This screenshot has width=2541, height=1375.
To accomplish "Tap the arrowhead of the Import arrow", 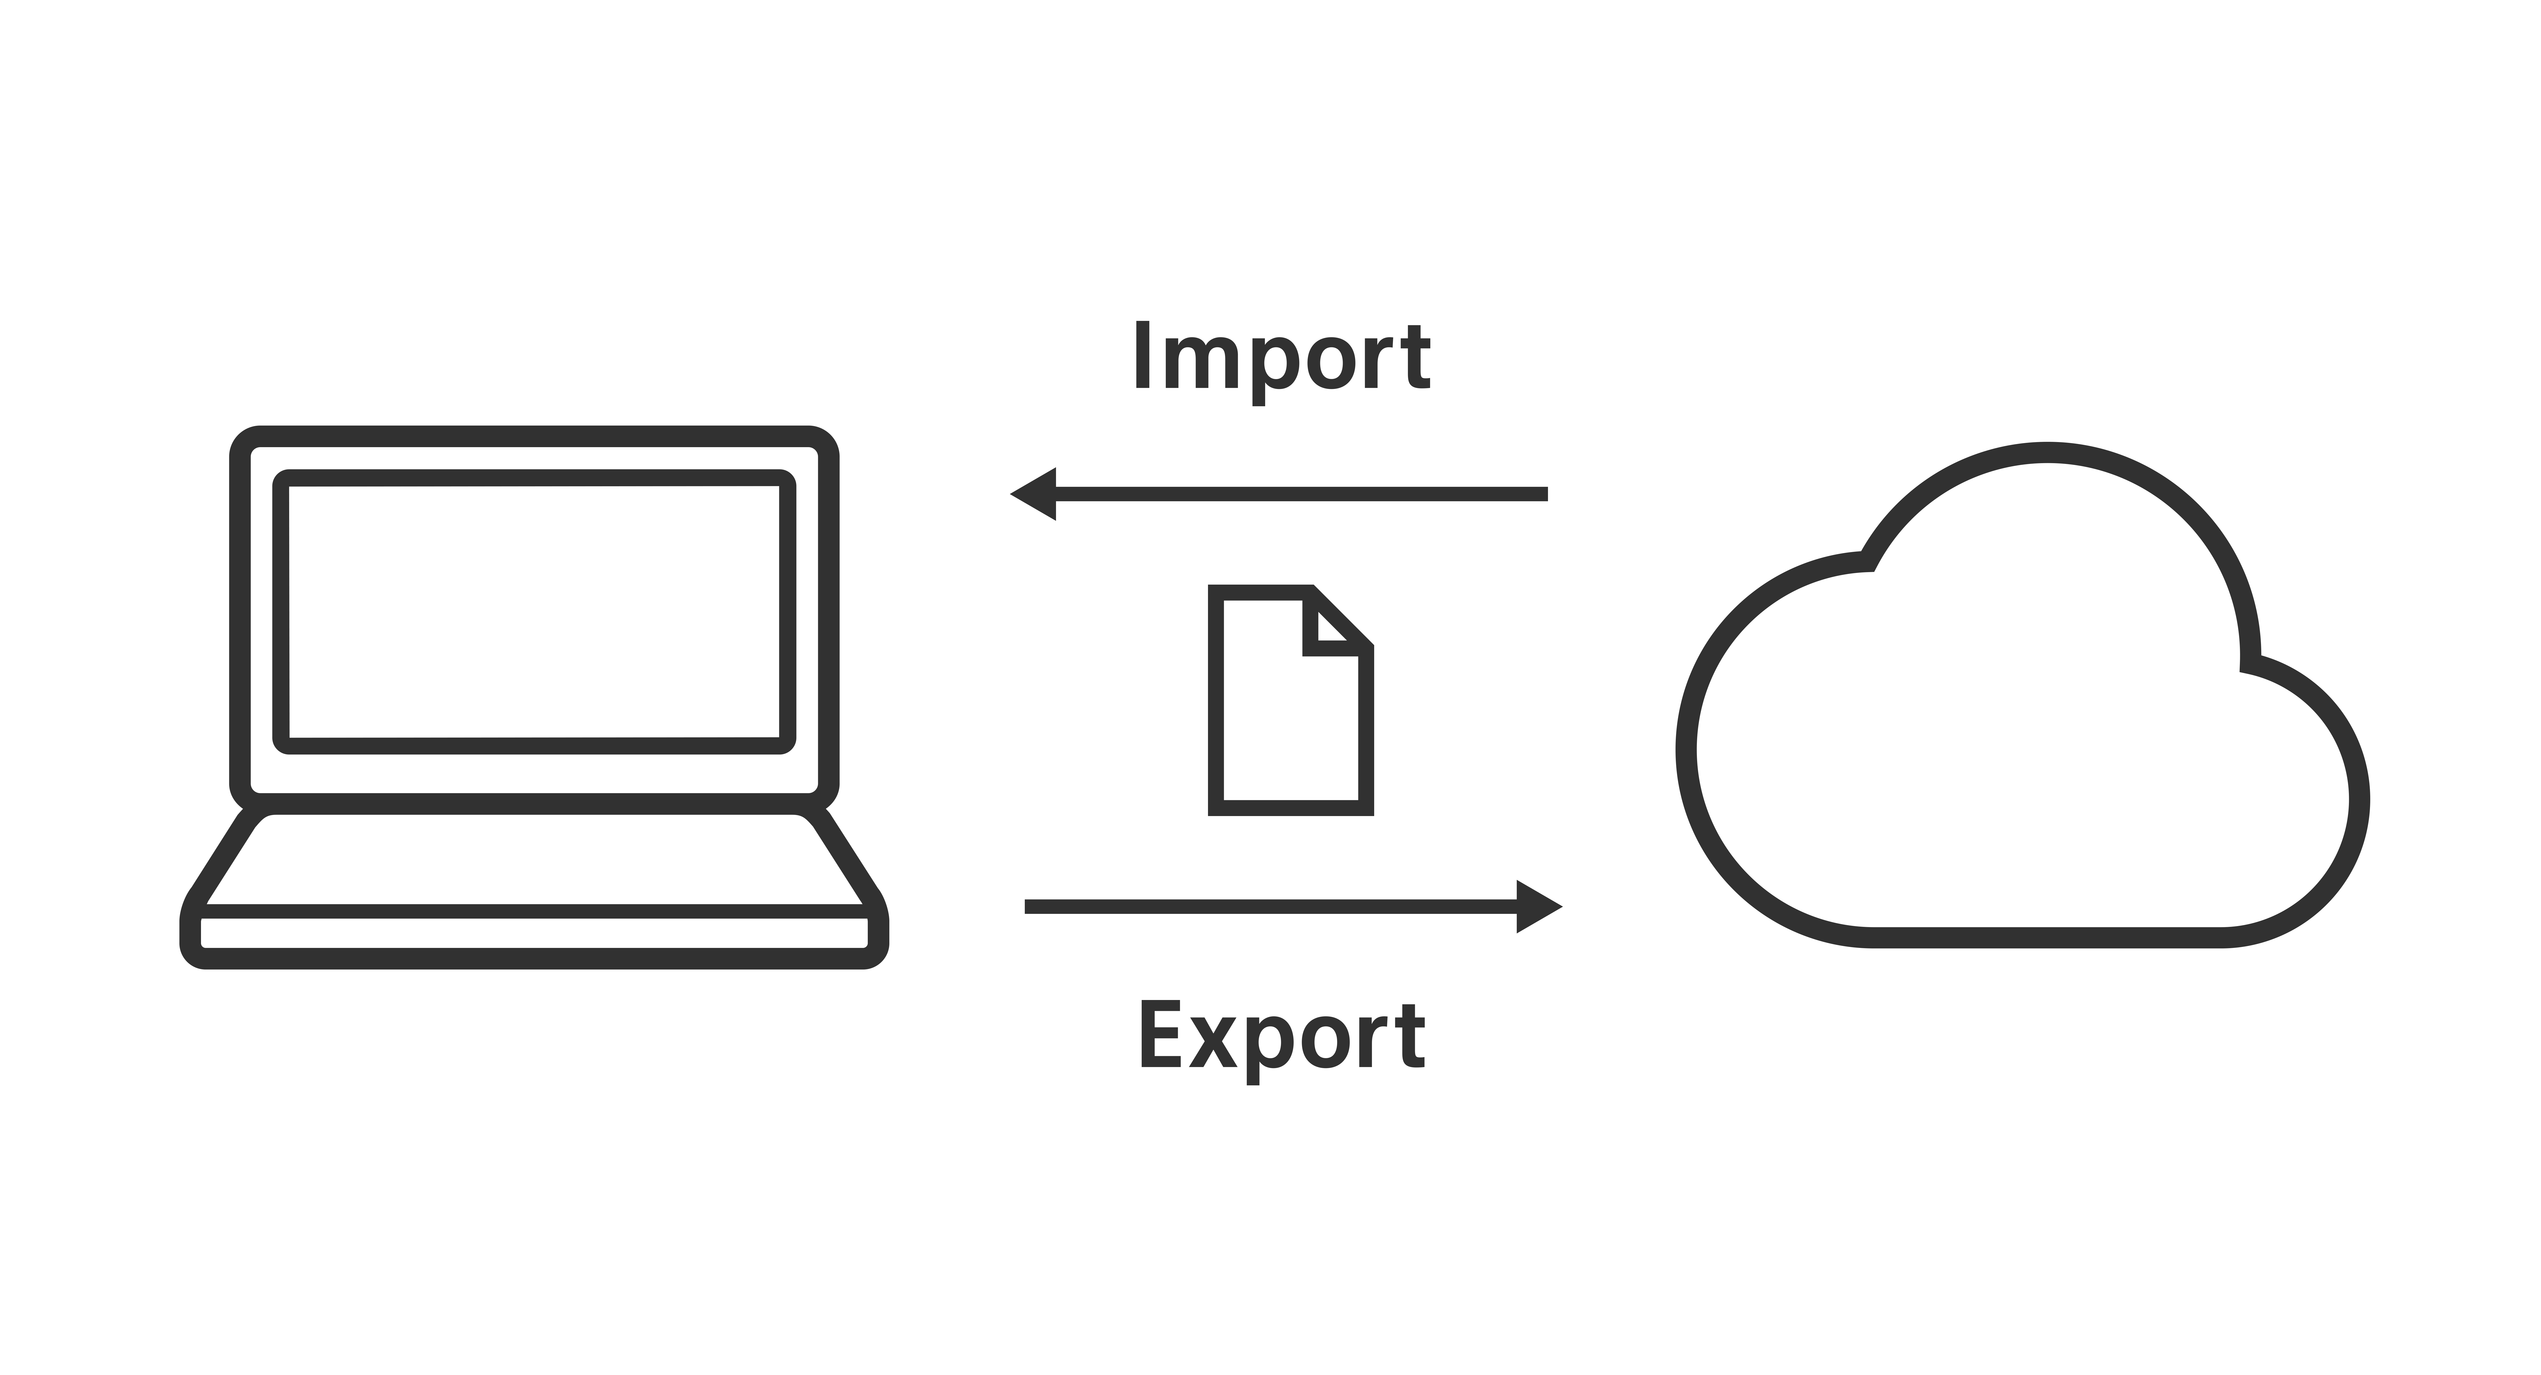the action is pos(1033,494).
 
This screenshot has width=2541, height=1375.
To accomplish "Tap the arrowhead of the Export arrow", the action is pos(1540,907).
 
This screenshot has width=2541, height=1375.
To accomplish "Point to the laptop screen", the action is pos(534,612).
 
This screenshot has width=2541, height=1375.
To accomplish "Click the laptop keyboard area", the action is pos(534,858).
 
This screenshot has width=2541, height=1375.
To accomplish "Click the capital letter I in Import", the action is pos(1143,354).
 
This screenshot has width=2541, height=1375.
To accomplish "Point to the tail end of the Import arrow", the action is pos(1547,494).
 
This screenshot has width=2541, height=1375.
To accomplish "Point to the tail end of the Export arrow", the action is pos(1027,907).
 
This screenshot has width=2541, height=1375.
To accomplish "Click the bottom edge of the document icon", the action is pos(1291,809).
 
